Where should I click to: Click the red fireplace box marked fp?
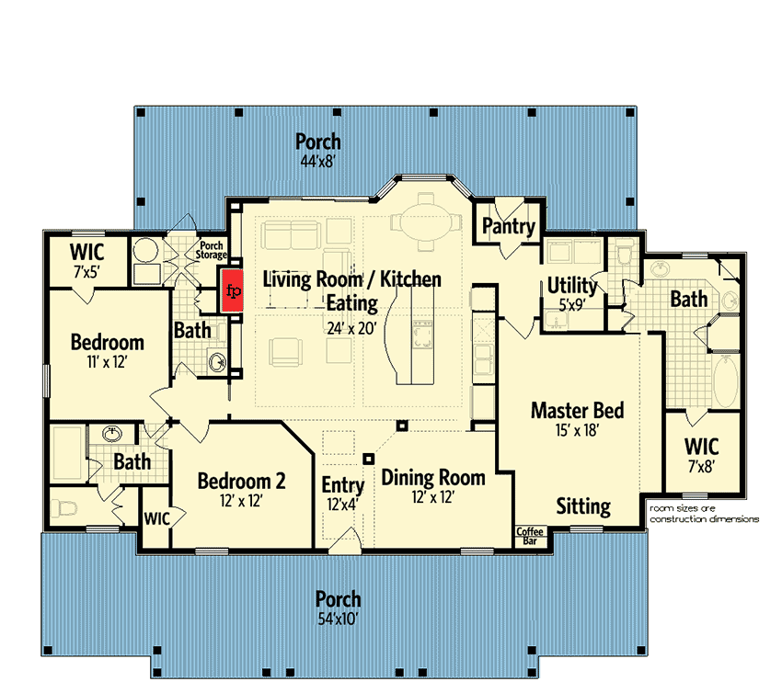pyautogui.click(x=233, y=291)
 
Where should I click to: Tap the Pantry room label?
pyautogui.click(x=508, y=226)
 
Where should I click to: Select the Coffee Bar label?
pyautogui.click(x=530, y=536)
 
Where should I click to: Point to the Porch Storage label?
pyautogui.click(x=211, y=250)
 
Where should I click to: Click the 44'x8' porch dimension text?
pyautogui.click(x=317, y=162)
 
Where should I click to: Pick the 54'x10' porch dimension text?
pyautogui.click(x=339, y=619)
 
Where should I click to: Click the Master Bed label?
pyautogui.click(x=577, y=411)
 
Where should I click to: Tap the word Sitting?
pyautogui.click(x=583, y=506)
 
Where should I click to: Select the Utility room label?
pyautogui.click(x=572, y=286)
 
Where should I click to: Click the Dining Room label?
pyautogui.click(x=433, y=477)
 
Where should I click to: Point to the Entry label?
pyautogui.click(x=342, y=485)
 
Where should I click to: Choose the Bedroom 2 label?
pyautogui.click(x=241, y=481)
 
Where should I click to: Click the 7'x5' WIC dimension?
pyautogui.click(x=86, y=273)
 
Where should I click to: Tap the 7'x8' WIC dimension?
pyautogui.click(x=701, y=467)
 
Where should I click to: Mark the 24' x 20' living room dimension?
pyautogui.click(x=351, y=328)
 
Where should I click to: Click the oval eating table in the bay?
pyautogui.click(x=425, y=222)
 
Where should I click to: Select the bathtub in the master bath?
pyautogui.click(x=726, y=381)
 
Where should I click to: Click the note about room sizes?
pyautogui.click(x=704, y=514)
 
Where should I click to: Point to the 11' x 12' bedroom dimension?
pyautogui.click(x=107, y=362)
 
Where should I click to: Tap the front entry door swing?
pyautogui.click(x=345, y=540)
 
